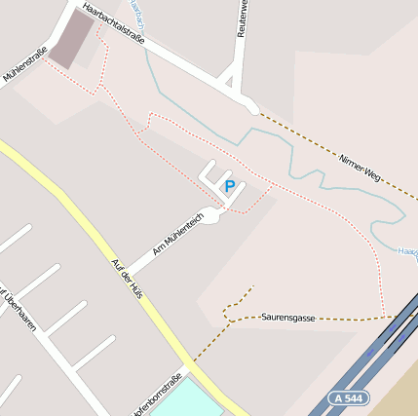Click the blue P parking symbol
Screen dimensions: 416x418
(x=230, y=186)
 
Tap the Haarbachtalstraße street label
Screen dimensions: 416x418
(x=114, y=23)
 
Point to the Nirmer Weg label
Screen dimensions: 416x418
(x=359, y=168)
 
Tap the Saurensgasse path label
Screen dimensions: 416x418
(x=288, y=318)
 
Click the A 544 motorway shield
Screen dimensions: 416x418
(x=347, y=398)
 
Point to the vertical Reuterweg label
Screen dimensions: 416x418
(x=242, y=19)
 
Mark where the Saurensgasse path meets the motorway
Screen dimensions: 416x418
(x=394, y=316)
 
